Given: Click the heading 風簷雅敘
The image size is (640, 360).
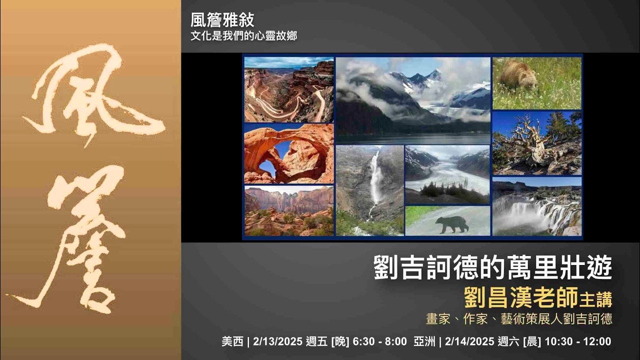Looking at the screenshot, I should (222, 20).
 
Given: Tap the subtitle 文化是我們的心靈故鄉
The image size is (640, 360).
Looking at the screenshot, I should (243, 36).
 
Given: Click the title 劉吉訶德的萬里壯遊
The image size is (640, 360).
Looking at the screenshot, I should (492, 268).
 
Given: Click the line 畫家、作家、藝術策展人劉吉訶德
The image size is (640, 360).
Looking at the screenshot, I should (518, 319).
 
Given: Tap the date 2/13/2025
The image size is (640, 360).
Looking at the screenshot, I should (277, 342).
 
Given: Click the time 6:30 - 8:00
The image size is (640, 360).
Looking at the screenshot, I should (379, 342).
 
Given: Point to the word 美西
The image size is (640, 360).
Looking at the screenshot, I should (232, 342).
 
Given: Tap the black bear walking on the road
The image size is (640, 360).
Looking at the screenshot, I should (451, 224).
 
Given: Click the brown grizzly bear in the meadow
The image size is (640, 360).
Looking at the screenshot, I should (518, 75).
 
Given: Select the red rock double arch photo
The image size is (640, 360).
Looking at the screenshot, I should (288, 154).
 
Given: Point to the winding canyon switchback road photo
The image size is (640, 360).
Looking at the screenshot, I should (288, 90).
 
